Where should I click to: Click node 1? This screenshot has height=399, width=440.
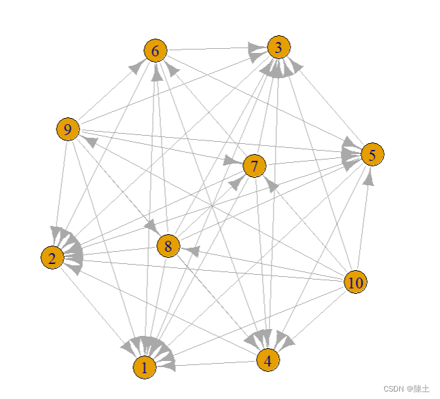coord(144,367)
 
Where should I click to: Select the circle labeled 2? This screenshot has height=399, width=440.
coord(52,257)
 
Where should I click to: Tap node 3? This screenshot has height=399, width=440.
coord(278,47)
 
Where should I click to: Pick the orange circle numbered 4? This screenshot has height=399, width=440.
coord(268,360)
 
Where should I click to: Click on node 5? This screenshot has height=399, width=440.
coord(372,155)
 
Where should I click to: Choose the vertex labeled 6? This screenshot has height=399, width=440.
coord(155,50)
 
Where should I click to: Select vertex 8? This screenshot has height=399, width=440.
coord(168,245)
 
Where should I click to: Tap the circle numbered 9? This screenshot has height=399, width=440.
coord(67,129)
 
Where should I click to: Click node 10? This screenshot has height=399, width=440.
coord(354,282)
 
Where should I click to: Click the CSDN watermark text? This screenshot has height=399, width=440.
coord(406,389)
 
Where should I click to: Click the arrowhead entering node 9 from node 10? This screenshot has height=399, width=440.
coord(88,140)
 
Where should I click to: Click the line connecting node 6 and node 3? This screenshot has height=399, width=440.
coord(210,49)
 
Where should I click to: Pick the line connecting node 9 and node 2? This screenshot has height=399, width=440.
coord(60,190)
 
